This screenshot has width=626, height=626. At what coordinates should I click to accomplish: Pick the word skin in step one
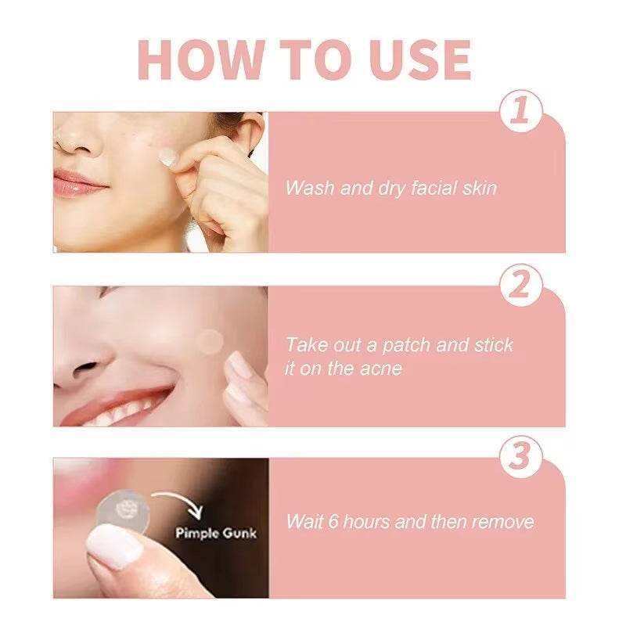pyautogui.click(x=477, y=188)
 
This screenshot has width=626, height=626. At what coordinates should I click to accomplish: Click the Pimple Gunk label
pyautogui.click(x=215, y=534)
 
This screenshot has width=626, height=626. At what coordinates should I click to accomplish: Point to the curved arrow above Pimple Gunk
pyautogui.click(x=178, y=501)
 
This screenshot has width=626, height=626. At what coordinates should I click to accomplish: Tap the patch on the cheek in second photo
pyautogui.click(x=210, y=340)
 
